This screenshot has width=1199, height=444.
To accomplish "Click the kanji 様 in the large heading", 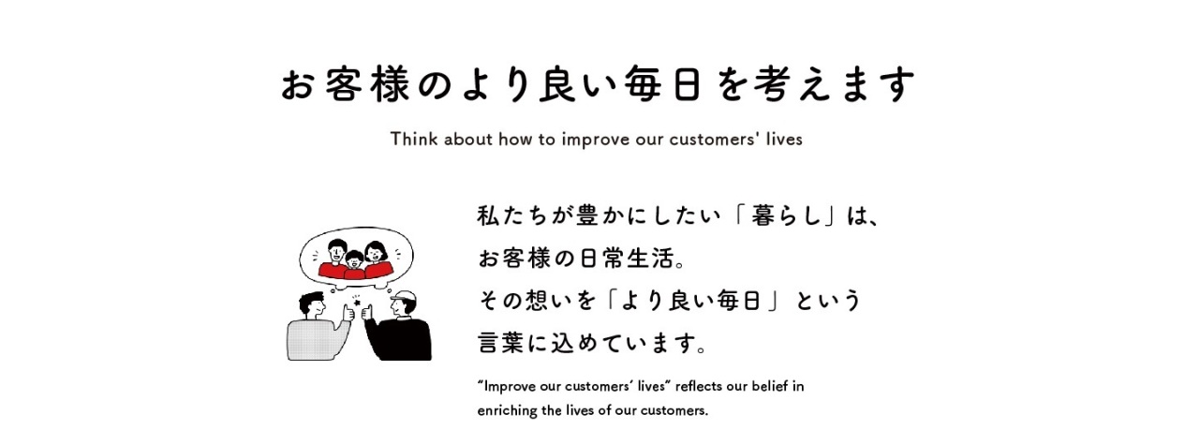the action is click(392, 85).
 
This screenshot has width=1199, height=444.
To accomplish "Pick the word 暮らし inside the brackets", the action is click(786, 216).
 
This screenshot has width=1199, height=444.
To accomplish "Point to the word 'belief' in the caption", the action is click(769, 386).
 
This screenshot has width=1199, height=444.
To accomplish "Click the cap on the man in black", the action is click(404, 296).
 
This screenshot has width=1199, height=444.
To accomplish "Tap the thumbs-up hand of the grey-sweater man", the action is click(348, 313).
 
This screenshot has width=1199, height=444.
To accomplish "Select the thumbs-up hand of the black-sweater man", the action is click(368, 313).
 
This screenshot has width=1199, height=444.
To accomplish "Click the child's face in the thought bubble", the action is click(354, 261).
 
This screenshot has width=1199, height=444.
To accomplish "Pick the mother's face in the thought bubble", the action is click(376, 252).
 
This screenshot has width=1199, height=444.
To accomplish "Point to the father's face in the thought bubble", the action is click(336, 250).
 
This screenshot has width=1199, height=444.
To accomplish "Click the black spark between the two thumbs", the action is click(357, 302).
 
